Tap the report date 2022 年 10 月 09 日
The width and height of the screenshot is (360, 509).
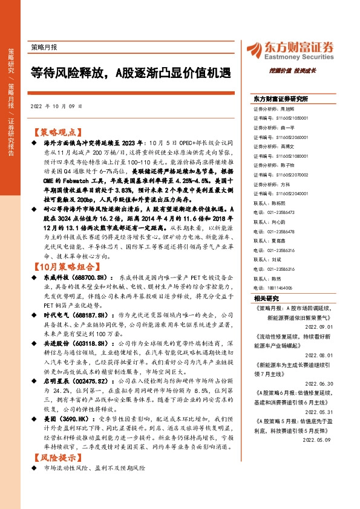tap(55, 107)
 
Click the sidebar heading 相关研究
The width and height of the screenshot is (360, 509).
tap(266, 298)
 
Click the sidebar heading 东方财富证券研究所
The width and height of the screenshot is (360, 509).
tap(281, 98)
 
